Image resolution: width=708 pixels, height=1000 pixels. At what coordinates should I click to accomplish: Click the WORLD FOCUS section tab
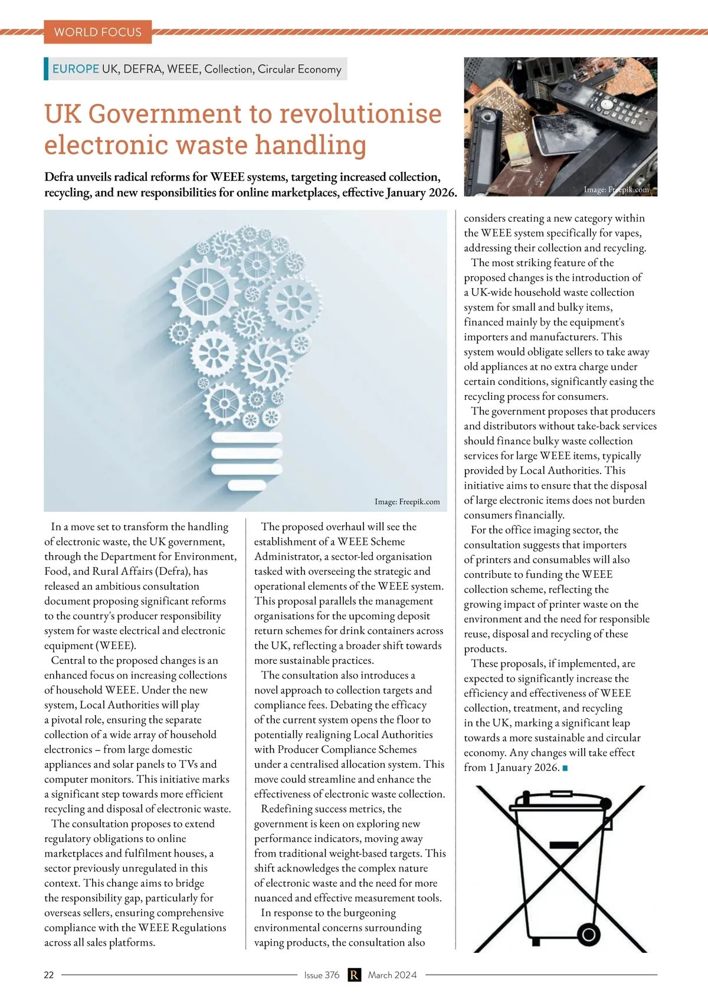pos(97,32)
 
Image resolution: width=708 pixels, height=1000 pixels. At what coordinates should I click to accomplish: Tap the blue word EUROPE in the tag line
pos(76,69)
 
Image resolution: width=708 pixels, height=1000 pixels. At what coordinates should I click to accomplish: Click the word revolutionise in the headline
pos(360,113)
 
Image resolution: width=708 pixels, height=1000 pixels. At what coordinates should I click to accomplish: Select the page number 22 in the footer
pos(49,975)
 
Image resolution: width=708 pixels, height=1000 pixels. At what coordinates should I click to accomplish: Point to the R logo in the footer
pos(354,975)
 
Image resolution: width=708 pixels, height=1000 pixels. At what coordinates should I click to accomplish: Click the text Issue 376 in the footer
pos(322,975)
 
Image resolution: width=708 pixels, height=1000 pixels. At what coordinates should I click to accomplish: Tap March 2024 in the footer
pos(392,975)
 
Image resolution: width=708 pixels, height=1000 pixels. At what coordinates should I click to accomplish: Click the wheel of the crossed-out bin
pos(588,934)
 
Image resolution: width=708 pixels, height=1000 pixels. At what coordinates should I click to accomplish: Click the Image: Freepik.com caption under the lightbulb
pos(407,502)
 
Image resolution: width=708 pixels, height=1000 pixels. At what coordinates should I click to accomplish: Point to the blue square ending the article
pos(565,768)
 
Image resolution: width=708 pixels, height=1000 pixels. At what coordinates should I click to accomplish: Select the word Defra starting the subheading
pos(58,177)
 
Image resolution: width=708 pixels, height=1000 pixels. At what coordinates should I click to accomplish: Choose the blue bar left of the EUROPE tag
pos(46,68)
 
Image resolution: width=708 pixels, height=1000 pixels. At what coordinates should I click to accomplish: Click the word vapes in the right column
pos(628,233)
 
